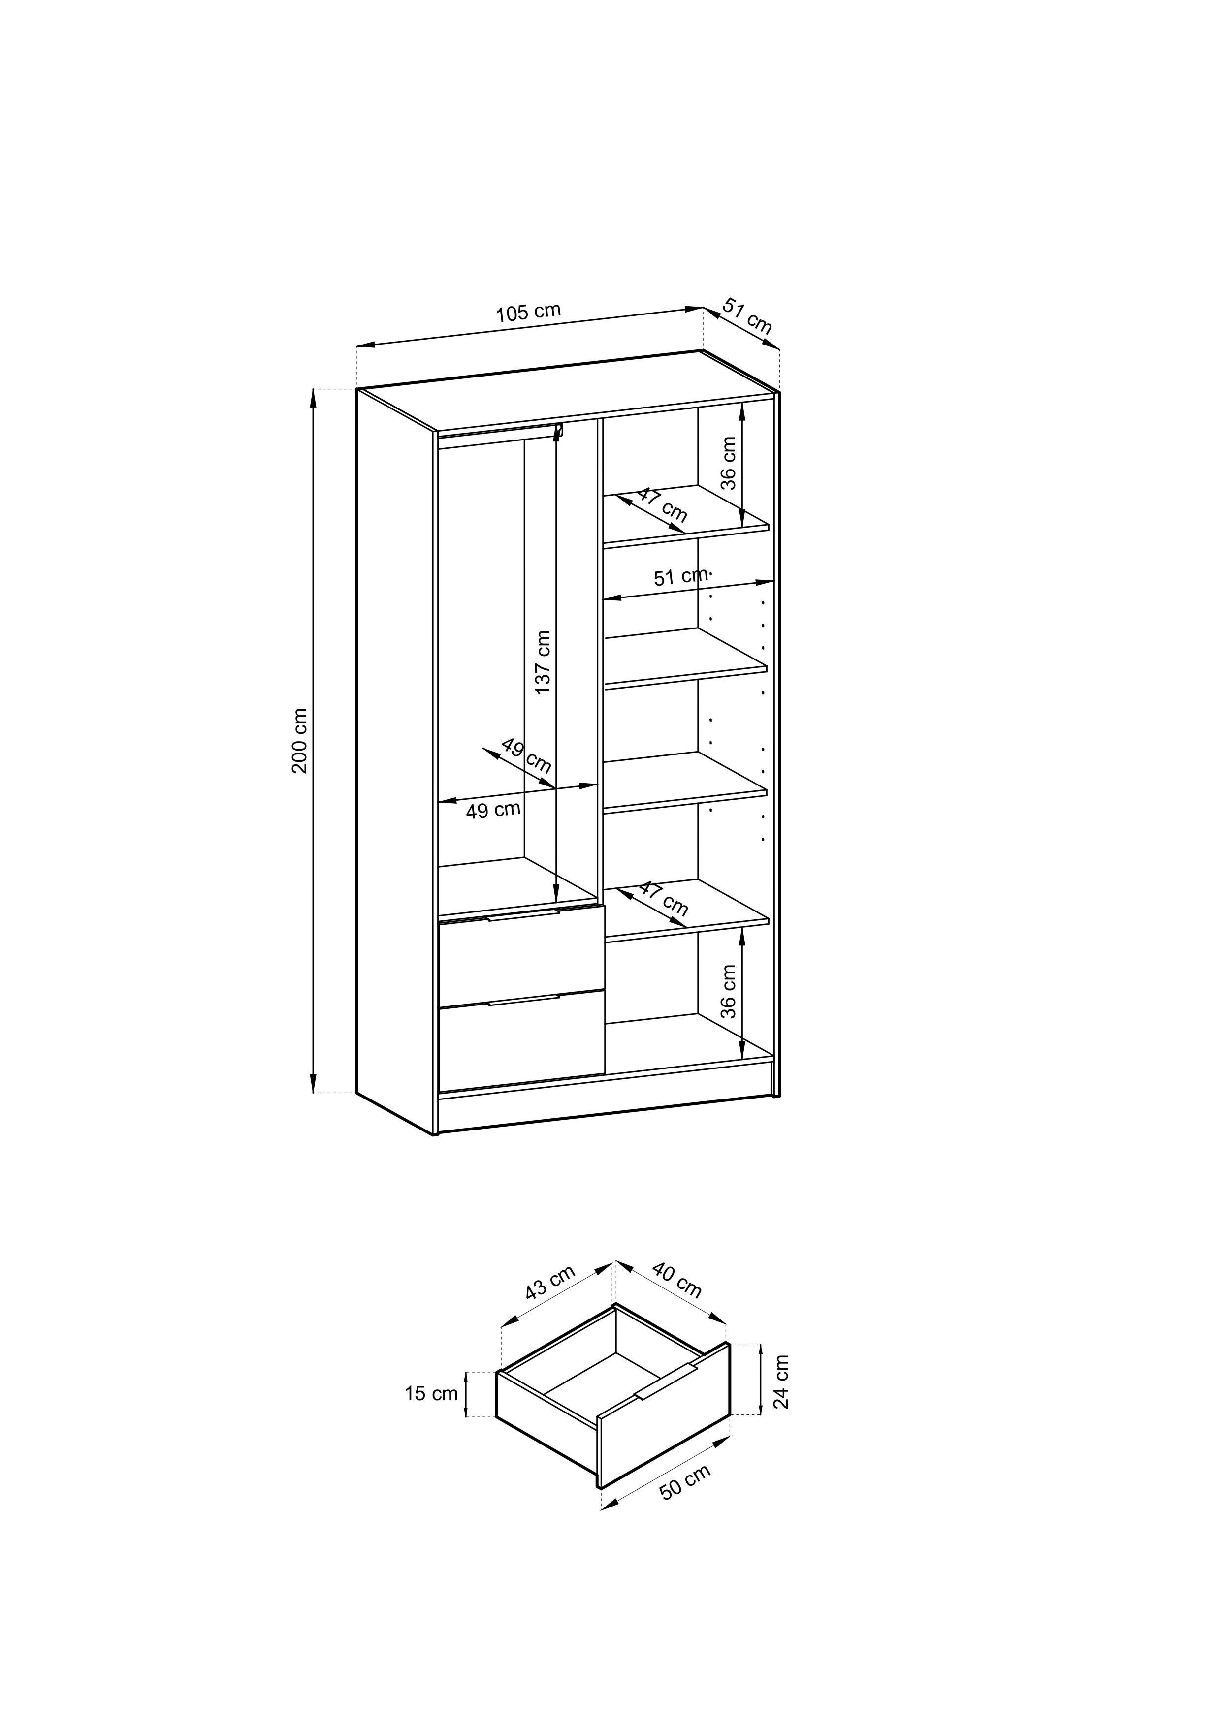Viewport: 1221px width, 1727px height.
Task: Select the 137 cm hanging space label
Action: click(543, 662)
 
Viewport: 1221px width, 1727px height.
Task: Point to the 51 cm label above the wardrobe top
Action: click(748, 316)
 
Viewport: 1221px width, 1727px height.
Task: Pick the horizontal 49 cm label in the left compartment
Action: click(493, 810)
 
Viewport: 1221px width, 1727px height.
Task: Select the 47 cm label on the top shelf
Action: click(663, 504)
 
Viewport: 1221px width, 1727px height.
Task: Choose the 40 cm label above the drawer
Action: click(677, 1281)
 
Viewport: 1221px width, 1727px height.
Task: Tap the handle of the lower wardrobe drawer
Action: click(524, 999)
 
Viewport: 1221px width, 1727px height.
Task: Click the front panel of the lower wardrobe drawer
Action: click(522, 1041)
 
